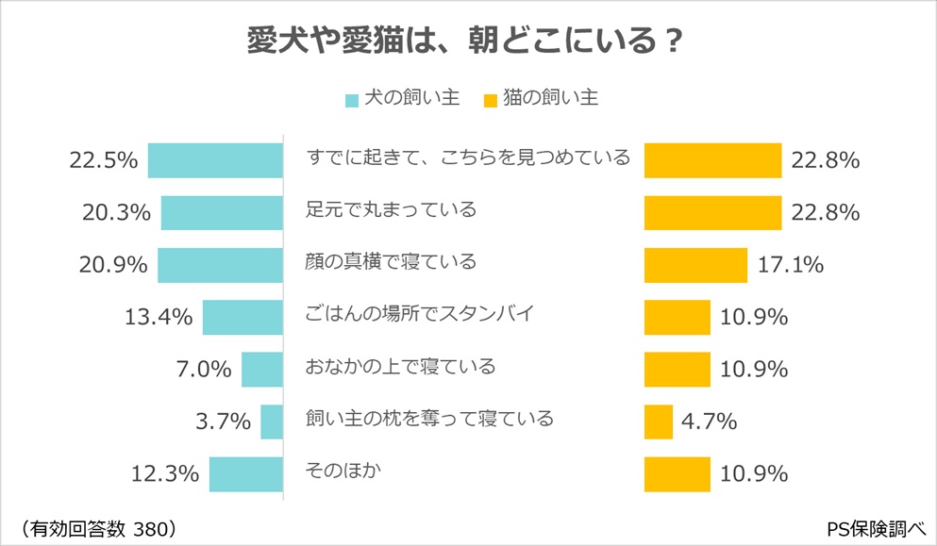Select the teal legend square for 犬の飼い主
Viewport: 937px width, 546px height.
click(351, 100)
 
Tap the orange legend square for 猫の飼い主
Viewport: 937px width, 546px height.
click(490, 100)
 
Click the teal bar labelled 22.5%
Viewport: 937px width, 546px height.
click(215, 160)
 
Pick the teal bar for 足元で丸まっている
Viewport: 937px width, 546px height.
click(222, 212)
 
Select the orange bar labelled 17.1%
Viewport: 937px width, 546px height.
click(695, 265)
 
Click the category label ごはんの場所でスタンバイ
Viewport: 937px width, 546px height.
click(421, 313)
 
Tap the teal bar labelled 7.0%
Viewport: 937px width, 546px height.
click(262, 369)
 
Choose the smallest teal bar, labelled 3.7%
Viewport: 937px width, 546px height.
click(272, 421)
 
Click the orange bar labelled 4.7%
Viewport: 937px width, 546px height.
click(659, 421)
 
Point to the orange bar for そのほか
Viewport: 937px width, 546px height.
click(677, 473)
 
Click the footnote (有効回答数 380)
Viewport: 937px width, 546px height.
click(96, 526)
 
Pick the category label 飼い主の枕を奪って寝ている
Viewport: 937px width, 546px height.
click(430, 418)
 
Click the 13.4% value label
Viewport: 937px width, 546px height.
click(159, 317)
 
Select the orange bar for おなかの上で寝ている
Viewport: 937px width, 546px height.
click(677, 369)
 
